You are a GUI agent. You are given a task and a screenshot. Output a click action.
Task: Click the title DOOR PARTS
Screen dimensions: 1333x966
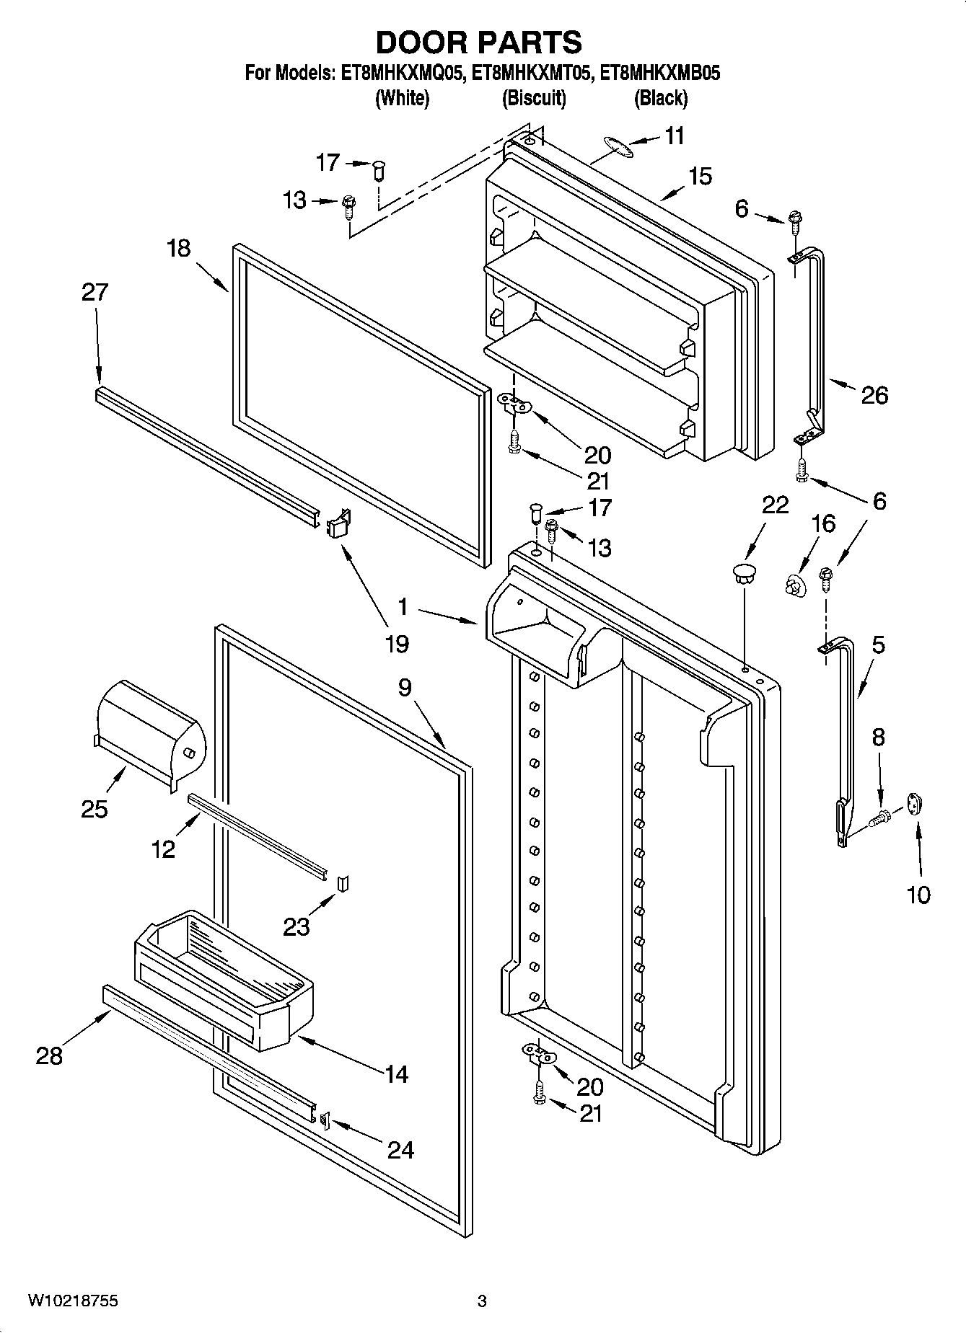click(479, 43)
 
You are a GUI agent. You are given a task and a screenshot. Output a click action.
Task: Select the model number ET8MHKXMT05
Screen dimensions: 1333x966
click(533, 73)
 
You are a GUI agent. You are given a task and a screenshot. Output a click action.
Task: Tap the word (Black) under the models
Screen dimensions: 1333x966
click(660, 98)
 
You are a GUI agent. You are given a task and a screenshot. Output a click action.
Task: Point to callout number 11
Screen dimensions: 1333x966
click(674, 136)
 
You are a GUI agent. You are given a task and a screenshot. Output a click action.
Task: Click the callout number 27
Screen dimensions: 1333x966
click(95, 292)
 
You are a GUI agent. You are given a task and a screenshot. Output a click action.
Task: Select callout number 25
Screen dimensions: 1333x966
click(95, 809)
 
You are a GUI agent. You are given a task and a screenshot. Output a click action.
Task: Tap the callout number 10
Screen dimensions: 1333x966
click(918, 895)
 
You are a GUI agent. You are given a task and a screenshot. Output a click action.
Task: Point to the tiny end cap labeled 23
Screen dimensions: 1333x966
click(343, 883)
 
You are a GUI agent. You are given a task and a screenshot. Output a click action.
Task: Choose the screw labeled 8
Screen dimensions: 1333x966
click(881, 818)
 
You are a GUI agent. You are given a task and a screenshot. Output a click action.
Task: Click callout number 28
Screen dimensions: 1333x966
click(49, 1056)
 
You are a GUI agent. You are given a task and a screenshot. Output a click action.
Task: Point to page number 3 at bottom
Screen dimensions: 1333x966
click(482, 1301)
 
